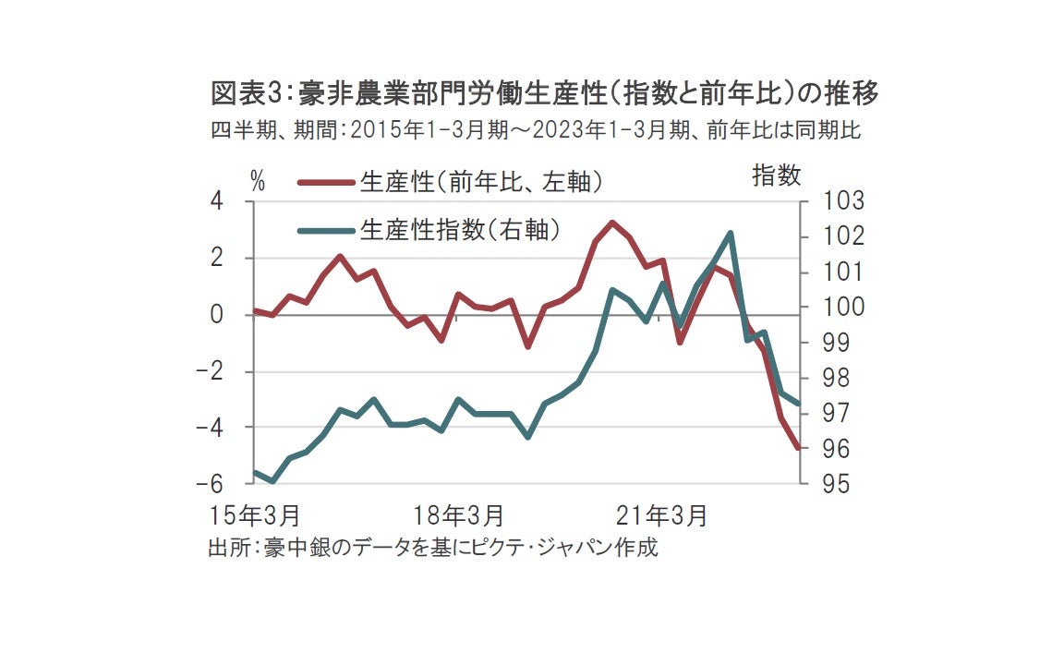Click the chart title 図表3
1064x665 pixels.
543,93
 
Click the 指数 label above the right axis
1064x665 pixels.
776,175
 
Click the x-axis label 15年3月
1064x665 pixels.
256,514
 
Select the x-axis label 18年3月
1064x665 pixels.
458,514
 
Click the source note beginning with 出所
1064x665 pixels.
432,547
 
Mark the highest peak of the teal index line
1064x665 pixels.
731,233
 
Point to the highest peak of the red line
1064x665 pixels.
611,223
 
